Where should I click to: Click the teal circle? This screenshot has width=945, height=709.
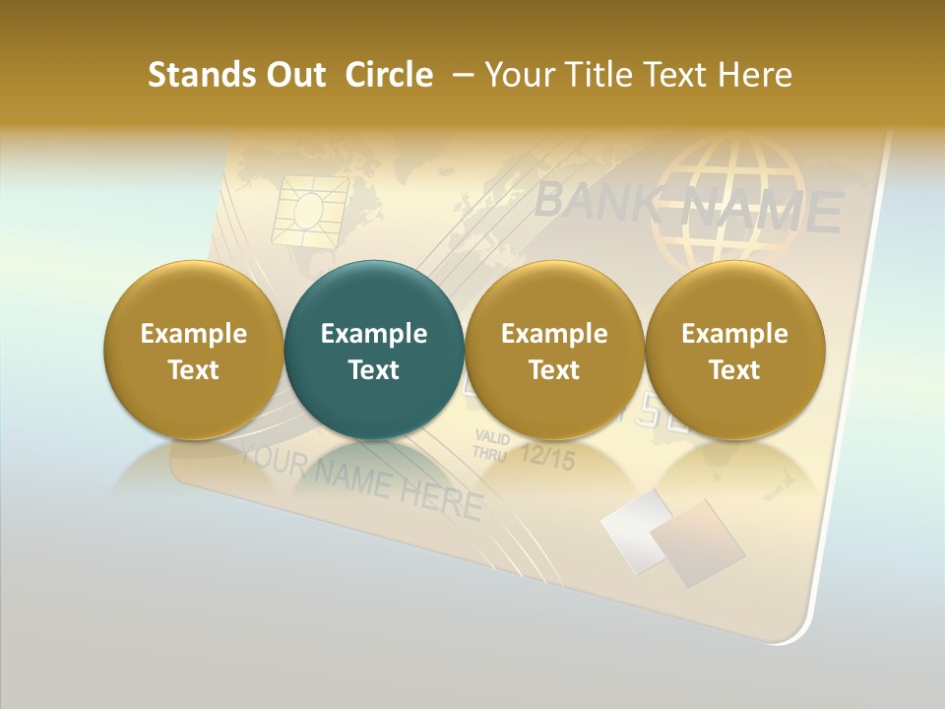click(x=373, y=350)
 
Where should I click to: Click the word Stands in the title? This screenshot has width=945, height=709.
click(x=187, y=75)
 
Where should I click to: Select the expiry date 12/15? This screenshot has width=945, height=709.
click(x=545, y=457)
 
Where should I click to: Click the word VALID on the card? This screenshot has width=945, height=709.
click(x=490, y=437)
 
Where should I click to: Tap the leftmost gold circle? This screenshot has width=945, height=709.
click(x=193, y=350)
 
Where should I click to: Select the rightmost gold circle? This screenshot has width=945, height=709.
click(x=734, y=350)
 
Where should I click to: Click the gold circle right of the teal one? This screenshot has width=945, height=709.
click(x=554, y=350)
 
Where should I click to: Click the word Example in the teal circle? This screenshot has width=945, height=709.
click(x=374, y=334)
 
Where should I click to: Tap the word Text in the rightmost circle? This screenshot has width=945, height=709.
click(x=734, y=370)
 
